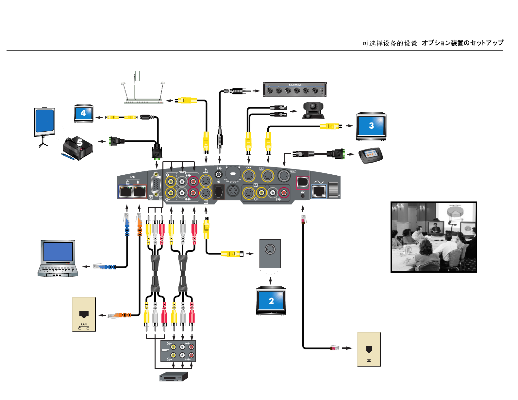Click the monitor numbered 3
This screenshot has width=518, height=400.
371,126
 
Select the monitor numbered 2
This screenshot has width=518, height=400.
271,301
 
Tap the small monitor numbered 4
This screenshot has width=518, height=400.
83,114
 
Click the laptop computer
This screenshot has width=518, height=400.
58,259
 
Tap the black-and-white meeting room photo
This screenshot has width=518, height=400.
434,237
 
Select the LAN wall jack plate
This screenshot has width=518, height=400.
84,314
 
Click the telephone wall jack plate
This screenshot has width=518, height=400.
369,349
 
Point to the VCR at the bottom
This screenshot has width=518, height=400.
174,377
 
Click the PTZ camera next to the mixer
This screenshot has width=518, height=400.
313,110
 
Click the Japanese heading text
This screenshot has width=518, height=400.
462,43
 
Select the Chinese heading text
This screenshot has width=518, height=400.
390,43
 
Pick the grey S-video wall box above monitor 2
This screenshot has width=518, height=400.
270,253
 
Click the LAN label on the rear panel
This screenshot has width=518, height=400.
133,177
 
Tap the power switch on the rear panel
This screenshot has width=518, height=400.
334,189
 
